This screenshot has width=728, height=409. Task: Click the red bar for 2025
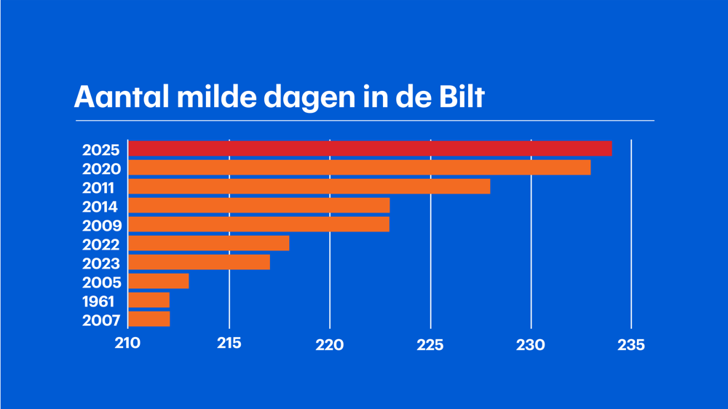(370, 149)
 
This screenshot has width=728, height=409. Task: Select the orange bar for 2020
(360, 168)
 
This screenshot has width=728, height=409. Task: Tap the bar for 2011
(309, 187)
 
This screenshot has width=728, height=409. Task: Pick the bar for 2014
(259, 206)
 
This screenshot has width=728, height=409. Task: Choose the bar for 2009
(259, 225)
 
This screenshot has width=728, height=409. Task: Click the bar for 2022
(209, 244)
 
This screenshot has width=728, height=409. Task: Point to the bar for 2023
(199, 263)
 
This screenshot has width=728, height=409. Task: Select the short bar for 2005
(159, 282)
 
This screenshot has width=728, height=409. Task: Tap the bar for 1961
(149, 301)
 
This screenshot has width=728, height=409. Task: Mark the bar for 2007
(149, 319)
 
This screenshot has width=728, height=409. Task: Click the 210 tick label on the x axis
(128, 344)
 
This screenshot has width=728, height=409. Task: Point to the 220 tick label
(330, 344)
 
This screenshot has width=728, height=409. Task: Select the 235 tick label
(631, 344)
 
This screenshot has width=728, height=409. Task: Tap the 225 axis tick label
(430, 344)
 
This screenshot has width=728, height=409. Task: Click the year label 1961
(98, 301)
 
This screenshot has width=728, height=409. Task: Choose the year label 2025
(101, 151)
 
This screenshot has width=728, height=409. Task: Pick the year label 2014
(100, 207)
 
